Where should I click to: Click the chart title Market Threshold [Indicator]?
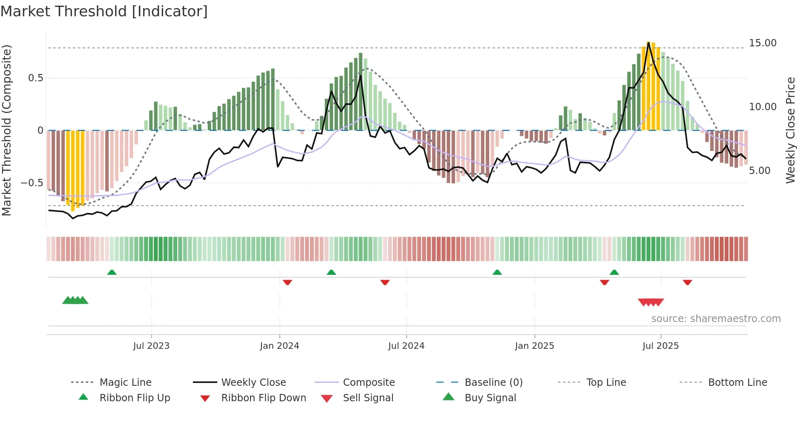point(104,11)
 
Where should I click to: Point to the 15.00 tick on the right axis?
point(762,43)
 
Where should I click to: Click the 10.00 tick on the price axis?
point(762,107)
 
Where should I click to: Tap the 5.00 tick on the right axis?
point(759,171)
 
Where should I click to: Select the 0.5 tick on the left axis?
point(35,78)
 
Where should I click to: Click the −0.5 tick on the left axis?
point(32,183)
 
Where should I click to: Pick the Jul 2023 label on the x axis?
point(151,346)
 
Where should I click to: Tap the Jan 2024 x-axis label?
point(279,346)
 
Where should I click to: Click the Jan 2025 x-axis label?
point(534,346)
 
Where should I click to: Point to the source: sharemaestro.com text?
point(716,319)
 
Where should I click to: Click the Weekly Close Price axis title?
point(790,130)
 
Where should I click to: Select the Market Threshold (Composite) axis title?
point(7,130)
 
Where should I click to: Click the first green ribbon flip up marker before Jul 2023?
point(112,272)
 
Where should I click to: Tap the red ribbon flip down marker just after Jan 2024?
point(287,282)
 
